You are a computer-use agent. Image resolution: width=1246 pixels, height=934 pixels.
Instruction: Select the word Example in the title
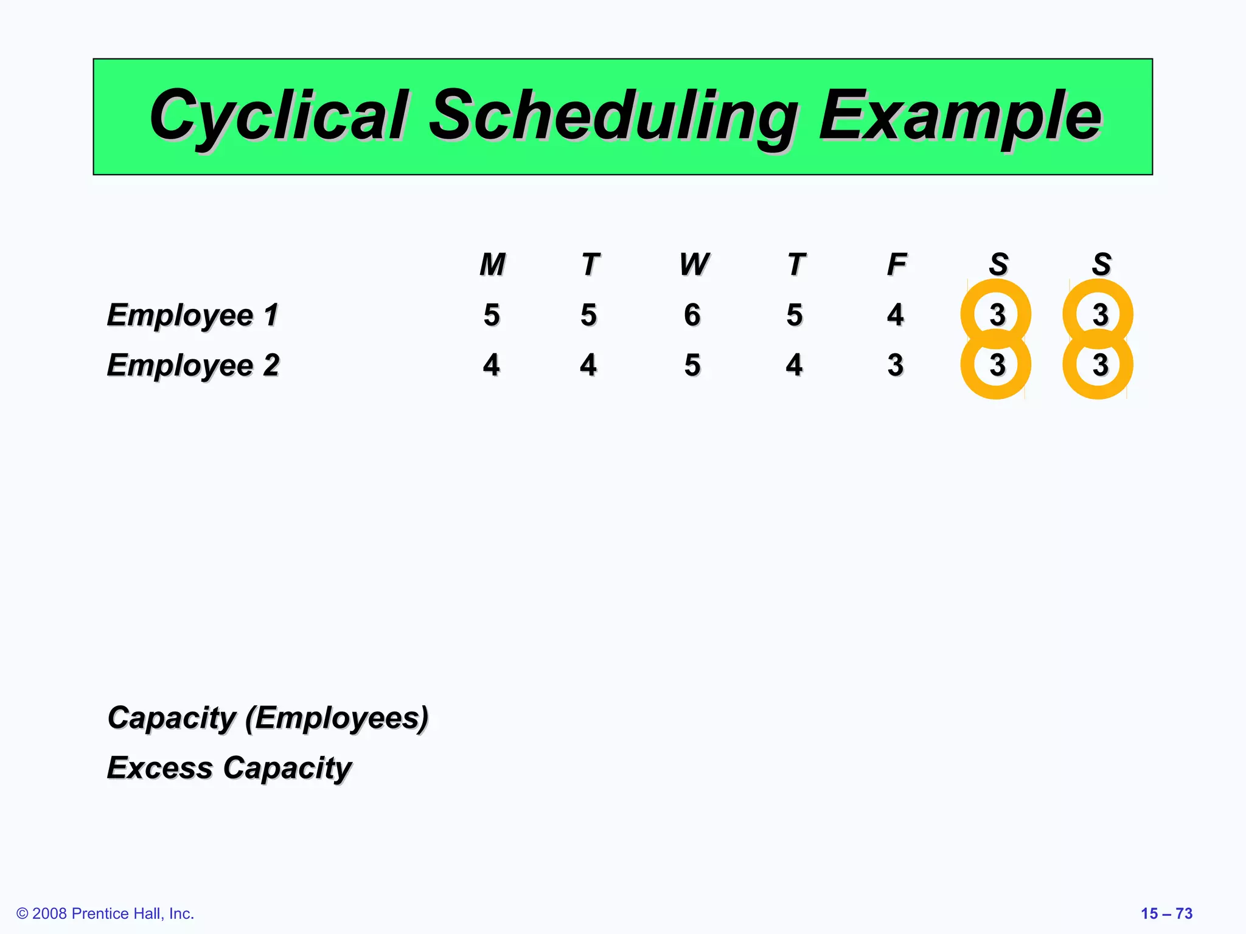point(960,116)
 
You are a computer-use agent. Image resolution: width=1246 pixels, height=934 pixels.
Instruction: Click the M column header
point(492,265)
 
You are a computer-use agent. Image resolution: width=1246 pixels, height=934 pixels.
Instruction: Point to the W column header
point(694,265)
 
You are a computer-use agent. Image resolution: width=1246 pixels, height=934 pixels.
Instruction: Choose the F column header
point(896,265)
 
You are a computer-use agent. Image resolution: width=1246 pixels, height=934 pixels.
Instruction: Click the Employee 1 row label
point(192,315)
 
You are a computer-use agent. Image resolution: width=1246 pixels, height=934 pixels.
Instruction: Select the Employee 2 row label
point(193,365)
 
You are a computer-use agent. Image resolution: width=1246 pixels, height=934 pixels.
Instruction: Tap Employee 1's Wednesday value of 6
point(692,315)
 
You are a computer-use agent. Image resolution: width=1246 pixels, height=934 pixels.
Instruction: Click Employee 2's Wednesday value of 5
point(692,365)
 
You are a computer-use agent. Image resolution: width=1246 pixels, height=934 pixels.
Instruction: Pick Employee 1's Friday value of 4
point(895,315)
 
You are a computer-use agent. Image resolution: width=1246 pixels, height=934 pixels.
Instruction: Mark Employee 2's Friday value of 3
point(895,365)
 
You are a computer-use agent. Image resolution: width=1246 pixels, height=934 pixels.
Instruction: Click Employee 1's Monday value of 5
point(492,315)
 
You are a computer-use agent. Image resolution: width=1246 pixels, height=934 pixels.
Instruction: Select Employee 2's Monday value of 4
point(492,365)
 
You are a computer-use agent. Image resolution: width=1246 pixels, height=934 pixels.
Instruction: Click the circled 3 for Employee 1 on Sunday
point(1099,314)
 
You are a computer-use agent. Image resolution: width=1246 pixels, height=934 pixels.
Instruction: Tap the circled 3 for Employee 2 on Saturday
point(997,365)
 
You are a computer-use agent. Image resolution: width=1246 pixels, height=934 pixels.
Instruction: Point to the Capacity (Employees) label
point(268,718)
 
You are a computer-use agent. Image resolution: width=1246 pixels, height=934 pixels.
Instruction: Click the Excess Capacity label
point(229,768)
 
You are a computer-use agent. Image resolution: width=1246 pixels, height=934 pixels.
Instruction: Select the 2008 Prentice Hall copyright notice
point(105,913)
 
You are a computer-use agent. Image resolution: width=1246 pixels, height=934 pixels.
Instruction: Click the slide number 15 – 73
point(1166,913)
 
